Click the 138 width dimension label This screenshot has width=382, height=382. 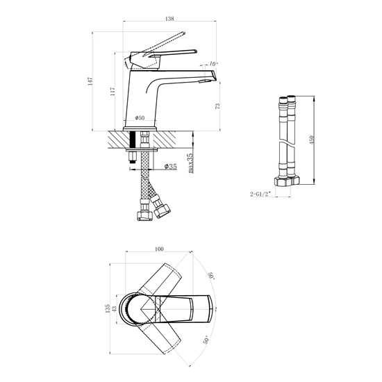[x=169, y=19]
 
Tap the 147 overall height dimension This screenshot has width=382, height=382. [x=90, y=81]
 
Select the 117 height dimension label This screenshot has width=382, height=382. [x=113, y=91]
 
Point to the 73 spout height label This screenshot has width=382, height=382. [x=217, y=106]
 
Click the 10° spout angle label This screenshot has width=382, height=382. [x=214, y=64]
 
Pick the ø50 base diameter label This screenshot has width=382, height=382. [x=140, y=118]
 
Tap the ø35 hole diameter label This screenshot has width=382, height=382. [x=171, y=167]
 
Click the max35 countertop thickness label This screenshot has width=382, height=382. [x=191, y=163]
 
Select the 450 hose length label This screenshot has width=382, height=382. [x=312, y=140]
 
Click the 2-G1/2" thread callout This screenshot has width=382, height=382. [x=260, y=194]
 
